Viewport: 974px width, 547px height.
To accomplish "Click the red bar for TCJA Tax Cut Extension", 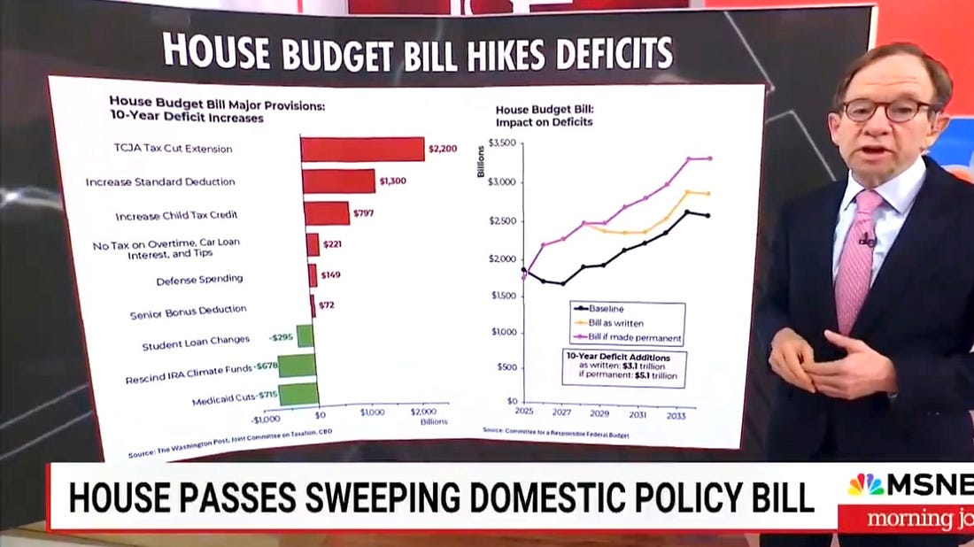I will [362, 149].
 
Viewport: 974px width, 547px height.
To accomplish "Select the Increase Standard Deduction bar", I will [338, 181].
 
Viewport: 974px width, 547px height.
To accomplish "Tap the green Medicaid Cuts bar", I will [298, 396].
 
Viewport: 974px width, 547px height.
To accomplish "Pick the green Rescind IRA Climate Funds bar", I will [297, 365].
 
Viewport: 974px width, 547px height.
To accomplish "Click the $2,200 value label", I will [442, 149].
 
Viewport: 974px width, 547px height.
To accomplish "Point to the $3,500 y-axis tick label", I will [500, 143].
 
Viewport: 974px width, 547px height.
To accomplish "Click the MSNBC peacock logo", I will [866, 484].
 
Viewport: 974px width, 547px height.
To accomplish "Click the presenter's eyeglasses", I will [885, 111].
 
